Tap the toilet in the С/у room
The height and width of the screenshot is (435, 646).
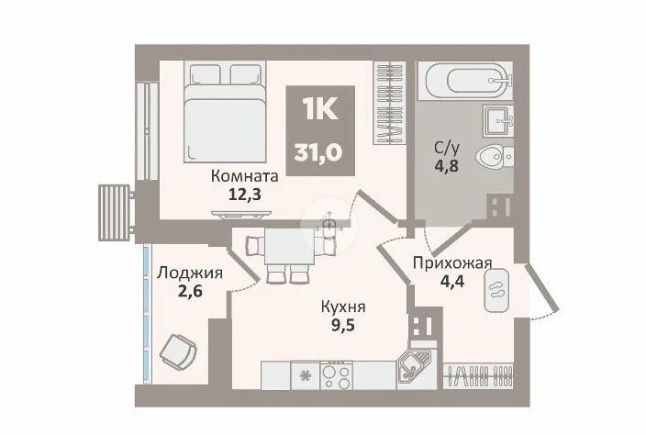(x=495, y=157)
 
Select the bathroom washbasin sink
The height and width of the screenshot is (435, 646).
(x=498, y=120)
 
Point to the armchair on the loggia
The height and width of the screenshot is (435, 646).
(x=178, y=349)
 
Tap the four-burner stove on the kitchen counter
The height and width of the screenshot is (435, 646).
(x=336, y=374)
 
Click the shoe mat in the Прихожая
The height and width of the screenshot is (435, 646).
(x=496, y=290)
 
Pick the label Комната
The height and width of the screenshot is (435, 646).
(x=245, y=176)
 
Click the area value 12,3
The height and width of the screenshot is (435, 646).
(x=245, y=194)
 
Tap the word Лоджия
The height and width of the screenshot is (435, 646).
(x=190, y=273)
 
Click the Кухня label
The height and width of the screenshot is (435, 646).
(x=343, y=307)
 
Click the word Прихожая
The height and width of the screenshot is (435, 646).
(x=452, y=262)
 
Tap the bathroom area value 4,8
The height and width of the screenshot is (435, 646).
(x=446, y=165)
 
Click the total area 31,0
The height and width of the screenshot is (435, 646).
(x=317, y=153)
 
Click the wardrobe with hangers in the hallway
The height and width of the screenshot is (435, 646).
(x=478, y=375)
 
